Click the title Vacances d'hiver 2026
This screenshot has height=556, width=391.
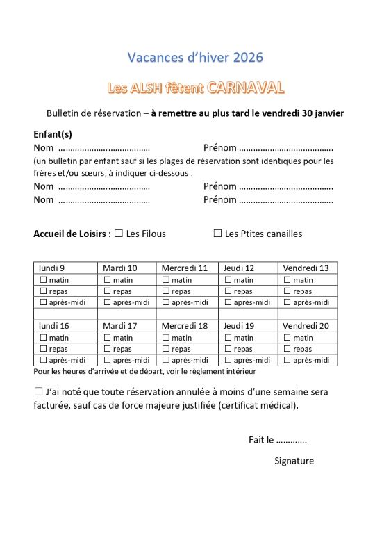196,57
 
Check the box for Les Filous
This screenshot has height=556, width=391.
119,234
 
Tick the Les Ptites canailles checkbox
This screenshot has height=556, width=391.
217,234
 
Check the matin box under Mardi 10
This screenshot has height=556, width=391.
108,280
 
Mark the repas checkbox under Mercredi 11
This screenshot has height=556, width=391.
166,291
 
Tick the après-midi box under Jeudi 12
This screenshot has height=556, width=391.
228,302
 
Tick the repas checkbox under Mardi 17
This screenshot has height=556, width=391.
108,349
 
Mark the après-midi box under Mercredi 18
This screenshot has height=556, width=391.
166,360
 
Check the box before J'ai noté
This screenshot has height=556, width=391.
38,391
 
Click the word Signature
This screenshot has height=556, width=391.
294,461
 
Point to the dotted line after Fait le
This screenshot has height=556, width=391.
292,440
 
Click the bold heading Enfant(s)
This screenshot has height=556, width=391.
53,134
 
